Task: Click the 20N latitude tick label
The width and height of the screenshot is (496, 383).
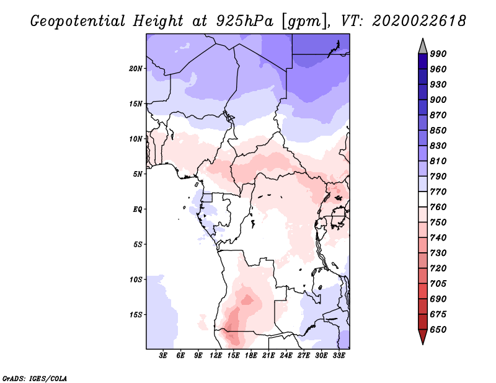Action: tap(136, 68)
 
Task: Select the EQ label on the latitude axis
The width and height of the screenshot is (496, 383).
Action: tap(138, 209)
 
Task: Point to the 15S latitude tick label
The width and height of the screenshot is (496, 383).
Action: tap(136, 314)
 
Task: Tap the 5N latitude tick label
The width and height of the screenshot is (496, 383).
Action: tap(138, 174)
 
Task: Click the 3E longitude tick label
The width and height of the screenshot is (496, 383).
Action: tap(164, 356)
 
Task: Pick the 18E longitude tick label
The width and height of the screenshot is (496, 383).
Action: tap(251, 356)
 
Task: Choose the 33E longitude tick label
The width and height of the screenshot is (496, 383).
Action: tap(339, 356)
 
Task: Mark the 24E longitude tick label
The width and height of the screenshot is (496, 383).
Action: tap(286, 356)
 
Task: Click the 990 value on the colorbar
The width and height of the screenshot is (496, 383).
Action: tap(438, 54)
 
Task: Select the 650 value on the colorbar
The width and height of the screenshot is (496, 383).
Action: tap(438, 330)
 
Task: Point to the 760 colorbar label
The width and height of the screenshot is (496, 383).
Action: tap(438, 207)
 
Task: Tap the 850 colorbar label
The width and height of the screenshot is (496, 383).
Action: tap(438, 131)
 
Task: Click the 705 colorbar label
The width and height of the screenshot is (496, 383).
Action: tap(438, 284)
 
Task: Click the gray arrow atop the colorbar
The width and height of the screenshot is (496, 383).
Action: tap(423, 46)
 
